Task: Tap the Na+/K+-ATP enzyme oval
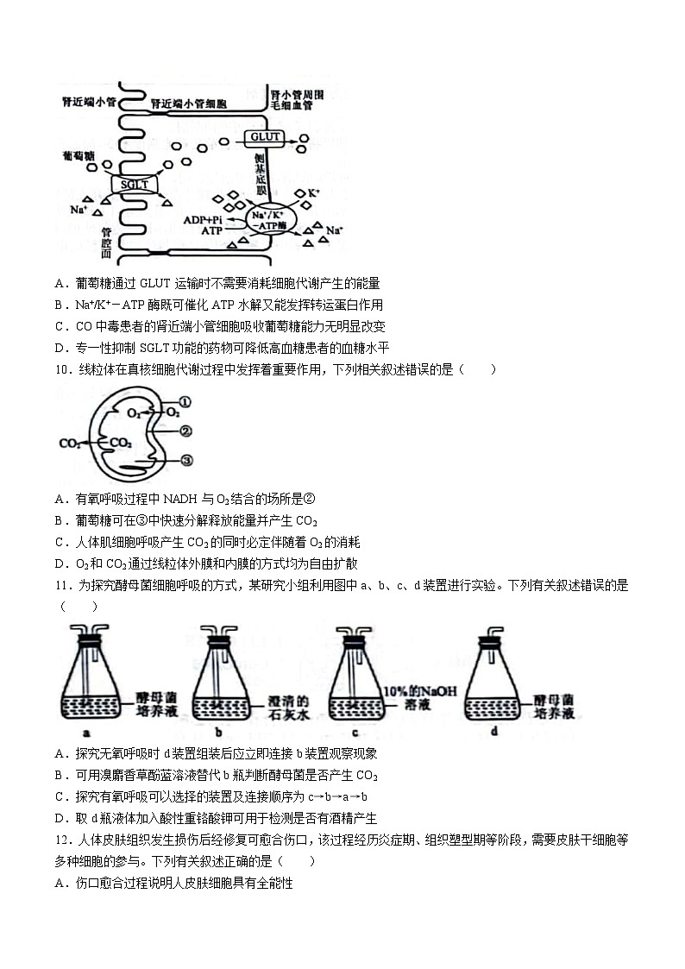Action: (x=270, y=219)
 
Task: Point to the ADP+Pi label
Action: (x=203, y=220)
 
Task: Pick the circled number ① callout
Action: (x=186, y=402)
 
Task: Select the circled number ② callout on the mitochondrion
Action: (x=186, y=431)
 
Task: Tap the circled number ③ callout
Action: (x=186, y=461)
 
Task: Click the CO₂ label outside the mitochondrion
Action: (x=70, y=444)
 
